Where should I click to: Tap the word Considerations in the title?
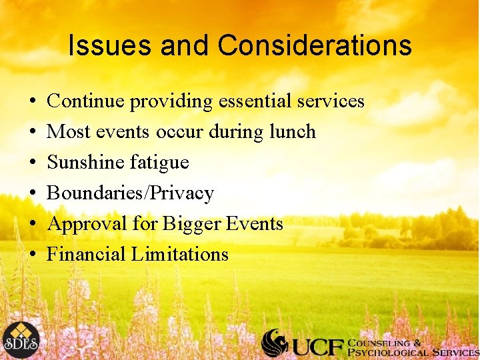tap(315, 46)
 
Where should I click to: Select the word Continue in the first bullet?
tap(86, 101)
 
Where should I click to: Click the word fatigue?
tap(162, 163)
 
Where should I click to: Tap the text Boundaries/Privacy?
tap(131, 193)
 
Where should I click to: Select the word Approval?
tap(86, 224)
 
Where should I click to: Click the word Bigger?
tap(186, 224)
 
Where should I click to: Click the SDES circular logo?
tap(20, 340)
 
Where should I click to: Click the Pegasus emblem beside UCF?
tap(274, 343)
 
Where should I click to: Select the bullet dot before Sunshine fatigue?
tap(33, 163)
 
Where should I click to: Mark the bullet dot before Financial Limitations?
tap(33, 255)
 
